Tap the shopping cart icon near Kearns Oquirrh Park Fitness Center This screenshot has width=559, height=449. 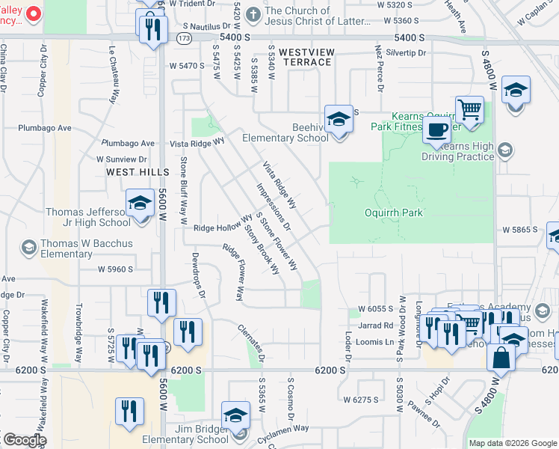469,111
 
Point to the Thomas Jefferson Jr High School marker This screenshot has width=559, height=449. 140,204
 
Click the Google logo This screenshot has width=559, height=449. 24,440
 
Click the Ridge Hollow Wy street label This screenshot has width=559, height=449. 223,225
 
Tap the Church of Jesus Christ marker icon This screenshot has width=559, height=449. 253,13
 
